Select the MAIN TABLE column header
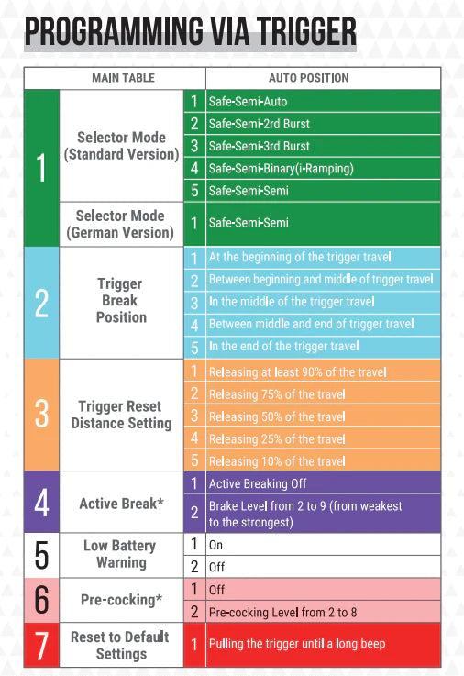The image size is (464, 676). point(123,78)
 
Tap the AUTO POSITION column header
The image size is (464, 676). point(309,78)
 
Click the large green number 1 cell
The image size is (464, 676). point(42,168)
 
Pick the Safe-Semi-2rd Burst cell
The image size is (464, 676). point(323,124)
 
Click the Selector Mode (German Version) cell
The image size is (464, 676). point(121,224)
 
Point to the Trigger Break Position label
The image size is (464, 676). point(121,301)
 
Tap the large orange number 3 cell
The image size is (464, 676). point(42,415)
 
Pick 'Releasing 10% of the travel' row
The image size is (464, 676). point(323,460)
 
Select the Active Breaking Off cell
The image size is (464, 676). point(323,483)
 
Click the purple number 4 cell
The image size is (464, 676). point(42,503)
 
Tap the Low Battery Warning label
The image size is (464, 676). point(121,554)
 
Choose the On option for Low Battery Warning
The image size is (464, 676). point(323,545)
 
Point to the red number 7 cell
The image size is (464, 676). point(42,645)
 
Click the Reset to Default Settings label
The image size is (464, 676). point(121,645)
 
